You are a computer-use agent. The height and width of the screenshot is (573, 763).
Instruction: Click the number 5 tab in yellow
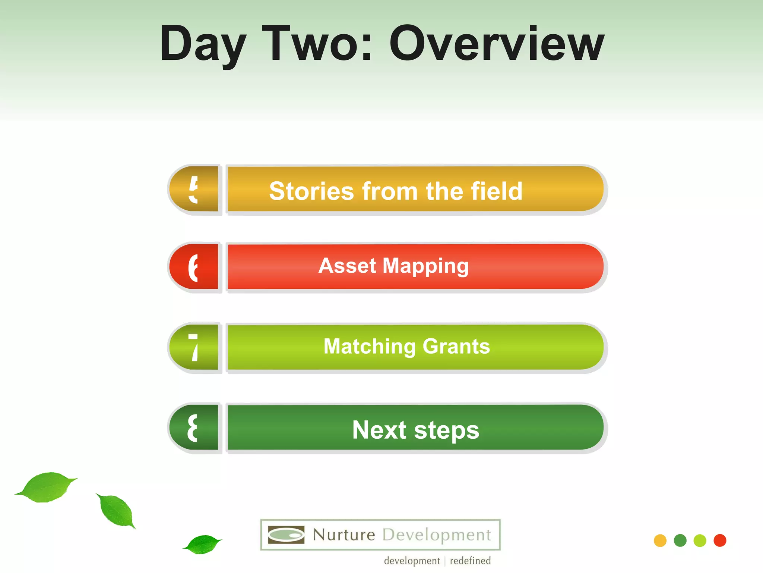pyautogui.click(x=194, y=189)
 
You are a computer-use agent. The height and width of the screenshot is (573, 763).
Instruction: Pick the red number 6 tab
pyautogui.click(x=194, y=267)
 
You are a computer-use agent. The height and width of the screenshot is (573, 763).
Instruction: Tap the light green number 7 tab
pyautogui.click(x=194, y=347)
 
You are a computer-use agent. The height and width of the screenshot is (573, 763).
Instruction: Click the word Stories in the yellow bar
pyautogui.click(x=311, y=191)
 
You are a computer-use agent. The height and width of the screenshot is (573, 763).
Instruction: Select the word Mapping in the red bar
pyautogui.click(x=425, y=266)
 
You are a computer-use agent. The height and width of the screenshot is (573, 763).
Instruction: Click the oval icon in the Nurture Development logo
pyautogui.click(x=286, y=535)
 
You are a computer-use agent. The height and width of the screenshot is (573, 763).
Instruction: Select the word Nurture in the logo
pyautogui.click(x=344, y=535)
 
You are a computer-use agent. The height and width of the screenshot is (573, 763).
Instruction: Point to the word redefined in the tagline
pyautogui.click(x=470, y=561)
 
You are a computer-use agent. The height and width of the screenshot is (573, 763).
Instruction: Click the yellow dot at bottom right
pyautogui.click(x=660, y=541)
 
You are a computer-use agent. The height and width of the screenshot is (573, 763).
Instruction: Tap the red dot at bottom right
pyautogui.click(x=720, y=541)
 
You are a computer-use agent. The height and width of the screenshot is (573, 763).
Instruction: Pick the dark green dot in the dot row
pyautogui.click(x=680, y=541)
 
